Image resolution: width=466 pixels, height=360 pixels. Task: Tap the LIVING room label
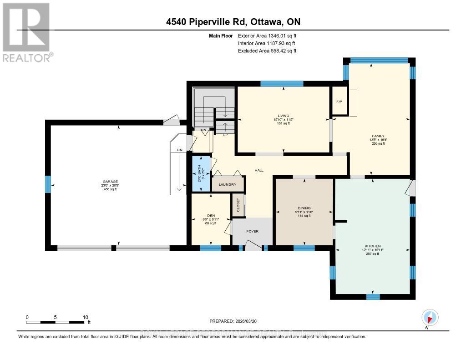pos(284,116)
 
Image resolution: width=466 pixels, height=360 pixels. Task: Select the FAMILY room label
pos(378,136)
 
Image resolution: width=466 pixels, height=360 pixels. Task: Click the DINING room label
pos(304,208)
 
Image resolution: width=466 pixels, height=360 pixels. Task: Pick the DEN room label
pos(211,216)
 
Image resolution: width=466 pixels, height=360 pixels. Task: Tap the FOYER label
pos(253,231)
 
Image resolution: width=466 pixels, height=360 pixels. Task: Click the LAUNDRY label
pos(228,184)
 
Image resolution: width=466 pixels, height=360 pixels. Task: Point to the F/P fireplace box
pos(339,101)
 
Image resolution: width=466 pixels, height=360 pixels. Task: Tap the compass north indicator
pos(429,318)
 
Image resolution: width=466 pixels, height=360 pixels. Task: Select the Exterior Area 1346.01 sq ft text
pos(267,35)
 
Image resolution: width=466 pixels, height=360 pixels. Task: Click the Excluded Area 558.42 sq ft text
pos(267,51)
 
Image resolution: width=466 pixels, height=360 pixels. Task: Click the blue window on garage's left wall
pos(47,184)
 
